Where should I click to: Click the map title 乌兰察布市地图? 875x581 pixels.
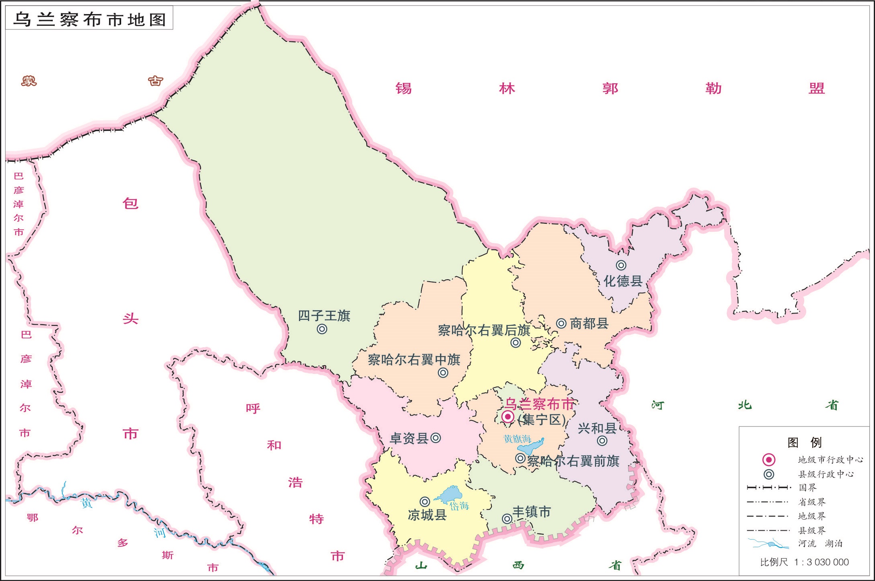(x=89, y=19)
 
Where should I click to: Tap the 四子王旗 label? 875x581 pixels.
(x=324, y=315)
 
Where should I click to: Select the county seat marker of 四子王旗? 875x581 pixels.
(x=322, y=329)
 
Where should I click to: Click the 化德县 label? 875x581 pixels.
(x=623, y=281)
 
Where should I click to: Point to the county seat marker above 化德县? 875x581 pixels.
(x=621, y=265)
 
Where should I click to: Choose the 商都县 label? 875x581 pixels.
(x=589, y=323)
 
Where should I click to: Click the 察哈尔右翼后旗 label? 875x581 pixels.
(x=484, y=330)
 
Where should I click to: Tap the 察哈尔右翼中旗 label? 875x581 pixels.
(x=414, y=359)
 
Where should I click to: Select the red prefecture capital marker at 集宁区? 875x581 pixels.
(x=508, y=416)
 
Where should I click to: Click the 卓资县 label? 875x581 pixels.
(x=409, y=438)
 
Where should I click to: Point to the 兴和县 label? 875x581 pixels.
(x=597, y=428)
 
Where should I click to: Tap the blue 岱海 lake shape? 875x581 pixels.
(x=451, y=494)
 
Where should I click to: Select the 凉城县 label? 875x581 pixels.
(x=427, y=515)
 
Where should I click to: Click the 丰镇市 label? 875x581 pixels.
(x=531, y=512)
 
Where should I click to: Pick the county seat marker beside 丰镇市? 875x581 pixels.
(x=507, y=519)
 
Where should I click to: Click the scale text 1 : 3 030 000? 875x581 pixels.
(x=821, y=562)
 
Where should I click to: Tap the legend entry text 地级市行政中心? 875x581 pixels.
(x=830, y=459)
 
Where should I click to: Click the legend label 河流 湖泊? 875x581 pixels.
(x=820, y=544)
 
